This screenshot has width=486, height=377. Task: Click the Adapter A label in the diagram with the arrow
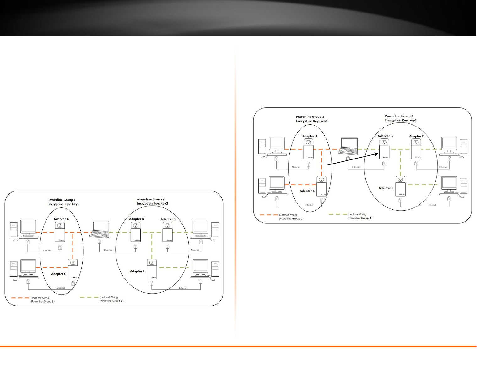pos(310,136)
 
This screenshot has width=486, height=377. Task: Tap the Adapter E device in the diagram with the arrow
pos(400,186)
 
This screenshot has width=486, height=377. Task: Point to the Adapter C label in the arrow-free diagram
pos(59,274)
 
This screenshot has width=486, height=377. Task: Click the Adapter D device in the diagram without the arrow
pos(167,232)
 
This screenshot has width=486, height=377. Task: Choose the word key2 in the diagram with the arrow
pos(413,121)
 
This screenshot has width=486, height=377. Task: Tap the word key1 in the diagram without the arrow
pos(75,204)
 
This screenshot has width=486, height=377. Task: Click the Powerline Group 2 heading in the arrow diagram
pos(399,116)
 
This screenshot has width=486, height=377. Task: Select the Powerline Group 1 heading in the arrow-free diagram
pos(61,200)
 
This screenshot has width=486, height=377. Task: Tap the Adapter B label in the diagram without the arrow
pos(137,219)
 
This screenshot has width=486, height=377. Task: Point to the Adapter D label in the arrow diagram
pos(417,136)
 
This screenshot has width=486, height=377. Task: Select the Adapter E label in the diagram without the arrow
pos(137,271)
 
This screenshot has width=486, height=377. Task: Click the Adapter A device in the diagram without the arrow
pos(60,232)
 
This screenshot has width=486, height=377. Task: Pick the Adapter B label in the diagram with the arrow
pos(385,136)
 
